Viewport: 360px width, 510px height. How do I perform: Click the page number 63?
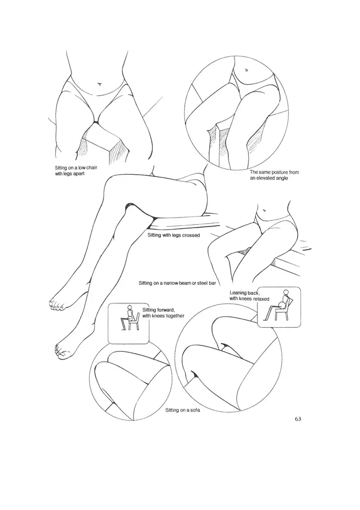click(x=298, y=418)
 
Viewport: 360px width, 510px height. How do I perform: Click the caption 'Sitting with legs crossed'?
click(x=174, y=235)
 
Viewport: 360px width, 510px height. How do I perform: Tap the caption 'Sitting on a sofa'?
click(x=179, y=411)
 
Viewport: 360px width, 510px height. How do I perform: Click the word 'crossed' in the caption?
click(x=190, y=235)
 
